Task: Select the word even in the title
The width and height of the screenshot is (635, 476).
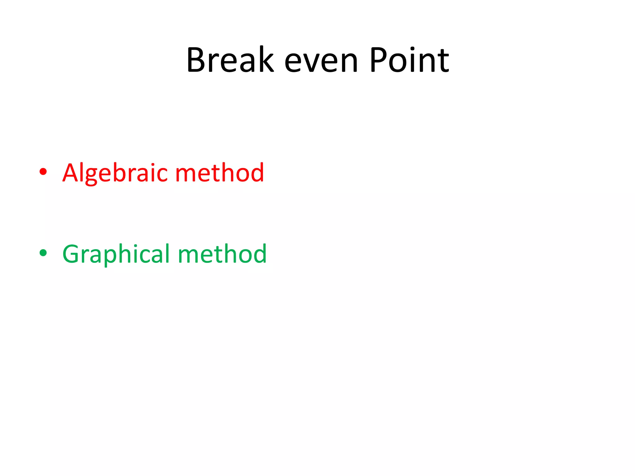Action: [x=321, y=62]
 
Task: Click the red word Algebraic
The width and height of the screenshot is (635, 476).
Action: [x=117, y=173]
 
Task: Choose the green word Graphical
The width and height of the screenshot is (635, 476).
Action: [x=118, y=254]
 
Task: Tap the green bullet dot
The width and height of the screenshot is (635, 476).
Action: [x=43, y=253]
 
